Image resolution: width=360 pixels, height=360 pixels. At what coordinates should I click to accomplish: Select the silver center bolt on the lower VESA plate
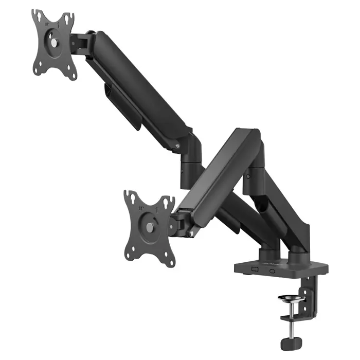[x=149, y=227]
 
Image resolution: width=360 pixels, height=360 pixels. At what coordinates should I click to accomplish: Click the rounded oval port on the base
[x=271, y=269]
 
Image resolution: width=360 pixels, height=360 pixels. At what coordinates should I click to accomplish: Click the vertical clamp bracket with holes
[x=309, y=298]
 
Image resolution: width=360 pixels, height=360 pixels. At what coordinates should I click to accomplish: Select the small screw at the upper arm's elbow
[x=178, y=146]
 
